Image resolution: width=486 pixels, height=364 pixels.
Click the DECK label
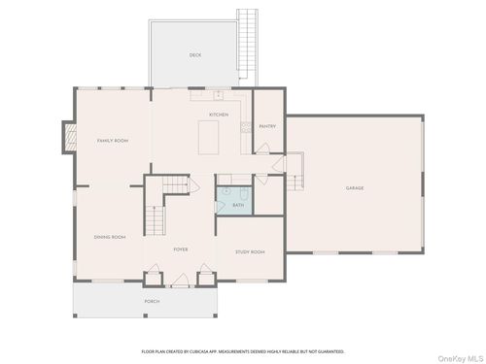[194, 55]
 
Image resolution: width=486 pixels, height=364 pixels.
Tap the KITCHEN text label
[219, 115]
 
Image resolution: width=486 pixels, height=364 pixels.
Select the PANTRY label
[267, 126]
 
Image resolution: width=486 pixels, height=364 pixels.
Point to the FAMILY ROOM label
[112, 141]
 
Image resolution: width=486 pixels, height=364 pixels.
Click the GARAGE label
[355, 187]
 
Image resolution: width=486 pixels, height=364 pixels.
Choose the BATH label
[238, 205]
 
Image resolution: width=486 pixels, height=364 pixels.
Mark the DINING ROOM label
[110, 237]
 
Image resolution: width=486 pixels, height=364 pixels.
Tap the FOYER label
[181, 249]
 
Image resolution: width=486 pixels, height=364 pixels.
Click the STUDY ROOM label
[250, 252]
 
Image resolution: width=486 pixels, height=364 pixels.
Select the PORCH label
[153, 302]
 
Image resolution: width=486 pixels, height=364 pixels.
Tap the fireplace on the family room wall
[67, 138]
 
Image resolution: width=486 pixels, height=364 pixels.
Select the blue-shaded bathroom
[233, 199]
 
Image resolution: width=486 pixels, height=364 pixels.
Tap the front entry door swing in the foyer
[180, 281]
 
